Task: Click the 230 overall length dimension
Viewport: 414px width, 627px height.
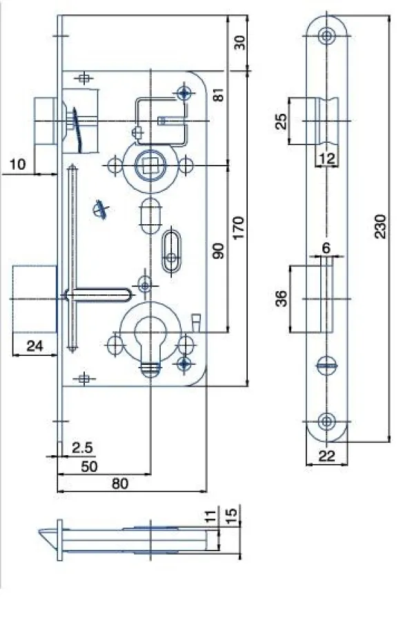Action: (x=380, y=226)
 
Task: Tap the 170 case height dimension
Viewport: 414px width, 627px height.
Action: (x=239, y=228)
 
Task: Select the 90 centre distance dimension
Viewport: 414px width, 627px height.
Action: (x=219, y=250)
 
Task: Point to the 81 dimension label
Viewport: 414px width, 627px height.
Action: (x=219, y=94)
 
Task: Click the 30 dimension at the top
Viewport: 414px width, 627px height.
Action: (x=239, y=42)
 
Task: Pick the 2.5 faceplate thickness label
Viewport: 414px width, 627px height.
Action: (x=82, y=448)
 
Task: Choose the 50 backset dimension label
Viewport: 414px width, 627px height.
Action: (x=89, y=466)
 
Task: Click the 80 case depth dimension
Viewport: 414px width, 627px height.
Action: (x=120, y=484)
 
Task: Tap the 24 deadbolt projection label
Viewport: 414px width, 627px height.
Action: (x=34, y=346)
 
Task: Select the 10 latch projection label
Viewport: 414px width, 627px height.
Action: (x=17, y=164)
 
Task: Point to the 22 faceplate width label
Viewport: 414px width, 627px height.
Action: (x=326, y=456)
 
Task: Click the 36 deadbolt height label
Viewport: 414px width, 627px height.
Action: (x=282, y=298)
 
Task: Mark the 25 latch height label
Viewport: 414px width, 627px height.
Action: (x=282, y=121)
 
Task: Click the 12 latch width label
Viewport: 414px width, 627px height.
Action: (x=327, y=159)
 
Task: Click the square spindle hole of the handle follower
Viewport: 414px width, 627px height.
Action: (x=150, y=165)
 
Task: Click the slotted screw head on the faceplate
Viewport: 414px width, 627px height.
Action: (x=328, y=365)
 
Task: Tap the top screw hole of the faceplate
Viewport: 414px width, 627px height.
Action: (x=327, y=36)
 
